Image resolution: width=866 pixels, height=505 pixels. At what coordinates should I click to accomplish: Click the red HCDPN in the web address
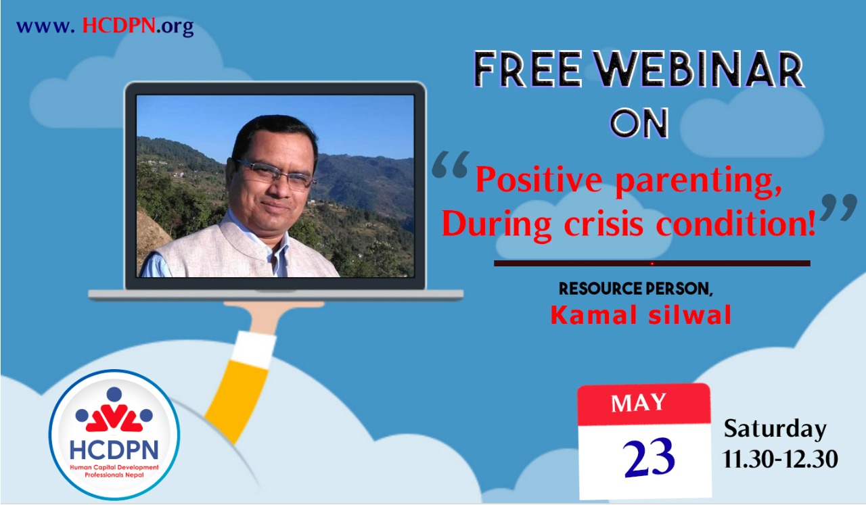click(x=119, y=26)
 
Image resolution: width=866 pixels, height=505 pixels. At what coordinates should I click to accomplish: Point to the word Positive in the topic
click(x=539, y=181)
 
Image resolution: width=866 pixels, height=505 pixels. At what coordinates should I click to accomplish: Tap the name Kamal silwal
click(x=641, y=315)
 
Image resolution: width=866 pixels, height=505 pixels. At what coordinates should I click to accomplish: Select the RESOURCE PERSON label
click(x=636, y=289)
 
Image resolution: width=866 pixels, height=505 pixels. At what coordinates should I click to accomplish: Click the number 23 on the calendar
click(x=649, y=458)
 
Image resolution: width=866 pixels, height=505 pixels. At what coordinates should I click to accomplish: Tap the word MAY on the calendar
click(x=639, y=403)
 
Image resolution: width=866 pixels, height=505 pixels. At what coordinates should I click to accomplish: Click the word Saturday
click(x=775, y=429)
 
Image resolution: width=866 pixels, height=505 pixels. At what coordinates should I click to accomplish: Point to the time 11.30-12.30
click(x=780, y=458)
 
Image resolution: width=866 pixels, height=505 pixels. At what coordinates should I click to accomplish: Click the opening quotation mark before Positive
click(x=451, y=164)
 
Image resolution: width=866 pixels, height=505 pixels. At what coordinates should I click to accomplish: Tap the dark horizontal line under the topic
click(x=652, y=264)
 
